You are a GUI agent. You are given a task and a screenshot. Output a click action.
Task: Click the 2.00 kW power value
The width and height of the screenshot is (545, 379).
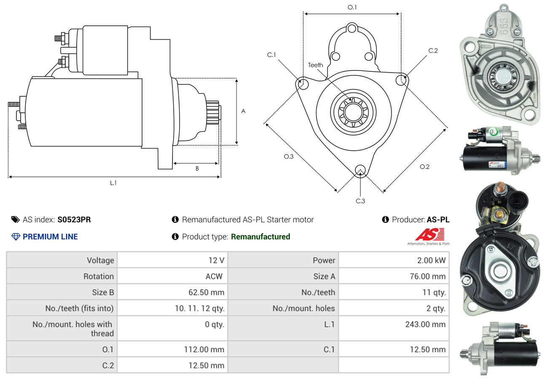[431, 260]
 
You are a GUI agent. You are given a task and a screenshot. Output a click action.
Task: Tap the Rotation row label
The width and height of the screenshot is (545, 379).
[98, 276]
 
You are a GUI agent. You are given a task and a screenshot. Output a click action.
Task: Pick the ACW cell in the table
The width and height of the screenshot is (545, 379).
[214, 276]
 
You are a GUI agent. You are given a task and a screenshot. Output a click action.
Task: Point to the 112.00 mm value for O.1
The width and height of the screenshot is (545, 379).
[204, 349]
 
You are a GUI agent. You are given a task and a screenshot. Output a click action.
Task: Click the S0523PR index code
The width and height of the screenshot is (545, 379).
[74, 219]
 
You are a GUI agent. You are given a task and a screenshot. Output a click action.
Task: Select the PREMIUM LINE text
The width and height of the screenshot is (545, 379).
[50, 237]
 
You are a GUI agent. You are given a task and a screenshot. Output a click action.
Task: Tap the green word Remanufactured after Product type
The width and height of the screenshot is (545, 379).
[260, 237]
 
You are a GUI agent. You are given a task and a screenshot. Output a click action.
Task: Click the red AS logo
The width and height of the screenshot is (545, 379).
[429, 234]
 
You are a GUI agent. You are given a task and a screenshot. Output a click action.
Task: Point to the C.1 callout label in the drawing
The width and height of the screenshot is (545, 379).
[271, 55]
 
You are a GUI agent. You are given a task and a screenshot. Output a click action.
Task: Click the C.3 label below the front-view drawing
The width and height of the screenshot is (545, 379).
[360, 201]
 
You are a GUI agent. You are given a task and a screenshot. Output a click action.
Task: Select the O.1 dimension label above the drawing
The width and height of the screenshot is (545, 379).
[352, 7]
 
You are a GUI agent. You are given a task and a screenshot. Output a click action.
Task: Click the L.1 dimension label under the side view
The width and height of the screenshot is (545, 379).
[113, 183]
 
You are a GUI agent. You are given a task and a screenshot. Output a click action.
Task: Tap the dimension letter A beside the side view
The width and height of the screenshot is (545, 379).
[243, 111]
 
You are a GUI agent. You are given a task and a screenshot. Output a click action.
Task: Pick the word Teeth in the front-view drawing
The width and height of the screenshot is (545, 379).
[315, 65]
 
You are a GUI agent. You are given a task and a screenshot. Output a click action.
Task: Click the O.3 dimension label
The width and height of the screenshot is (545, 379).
[288, 157]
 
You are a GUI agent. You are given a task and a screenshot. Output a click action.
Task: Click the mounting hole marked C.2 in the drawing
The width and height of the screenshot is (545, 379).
[402, 79]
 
